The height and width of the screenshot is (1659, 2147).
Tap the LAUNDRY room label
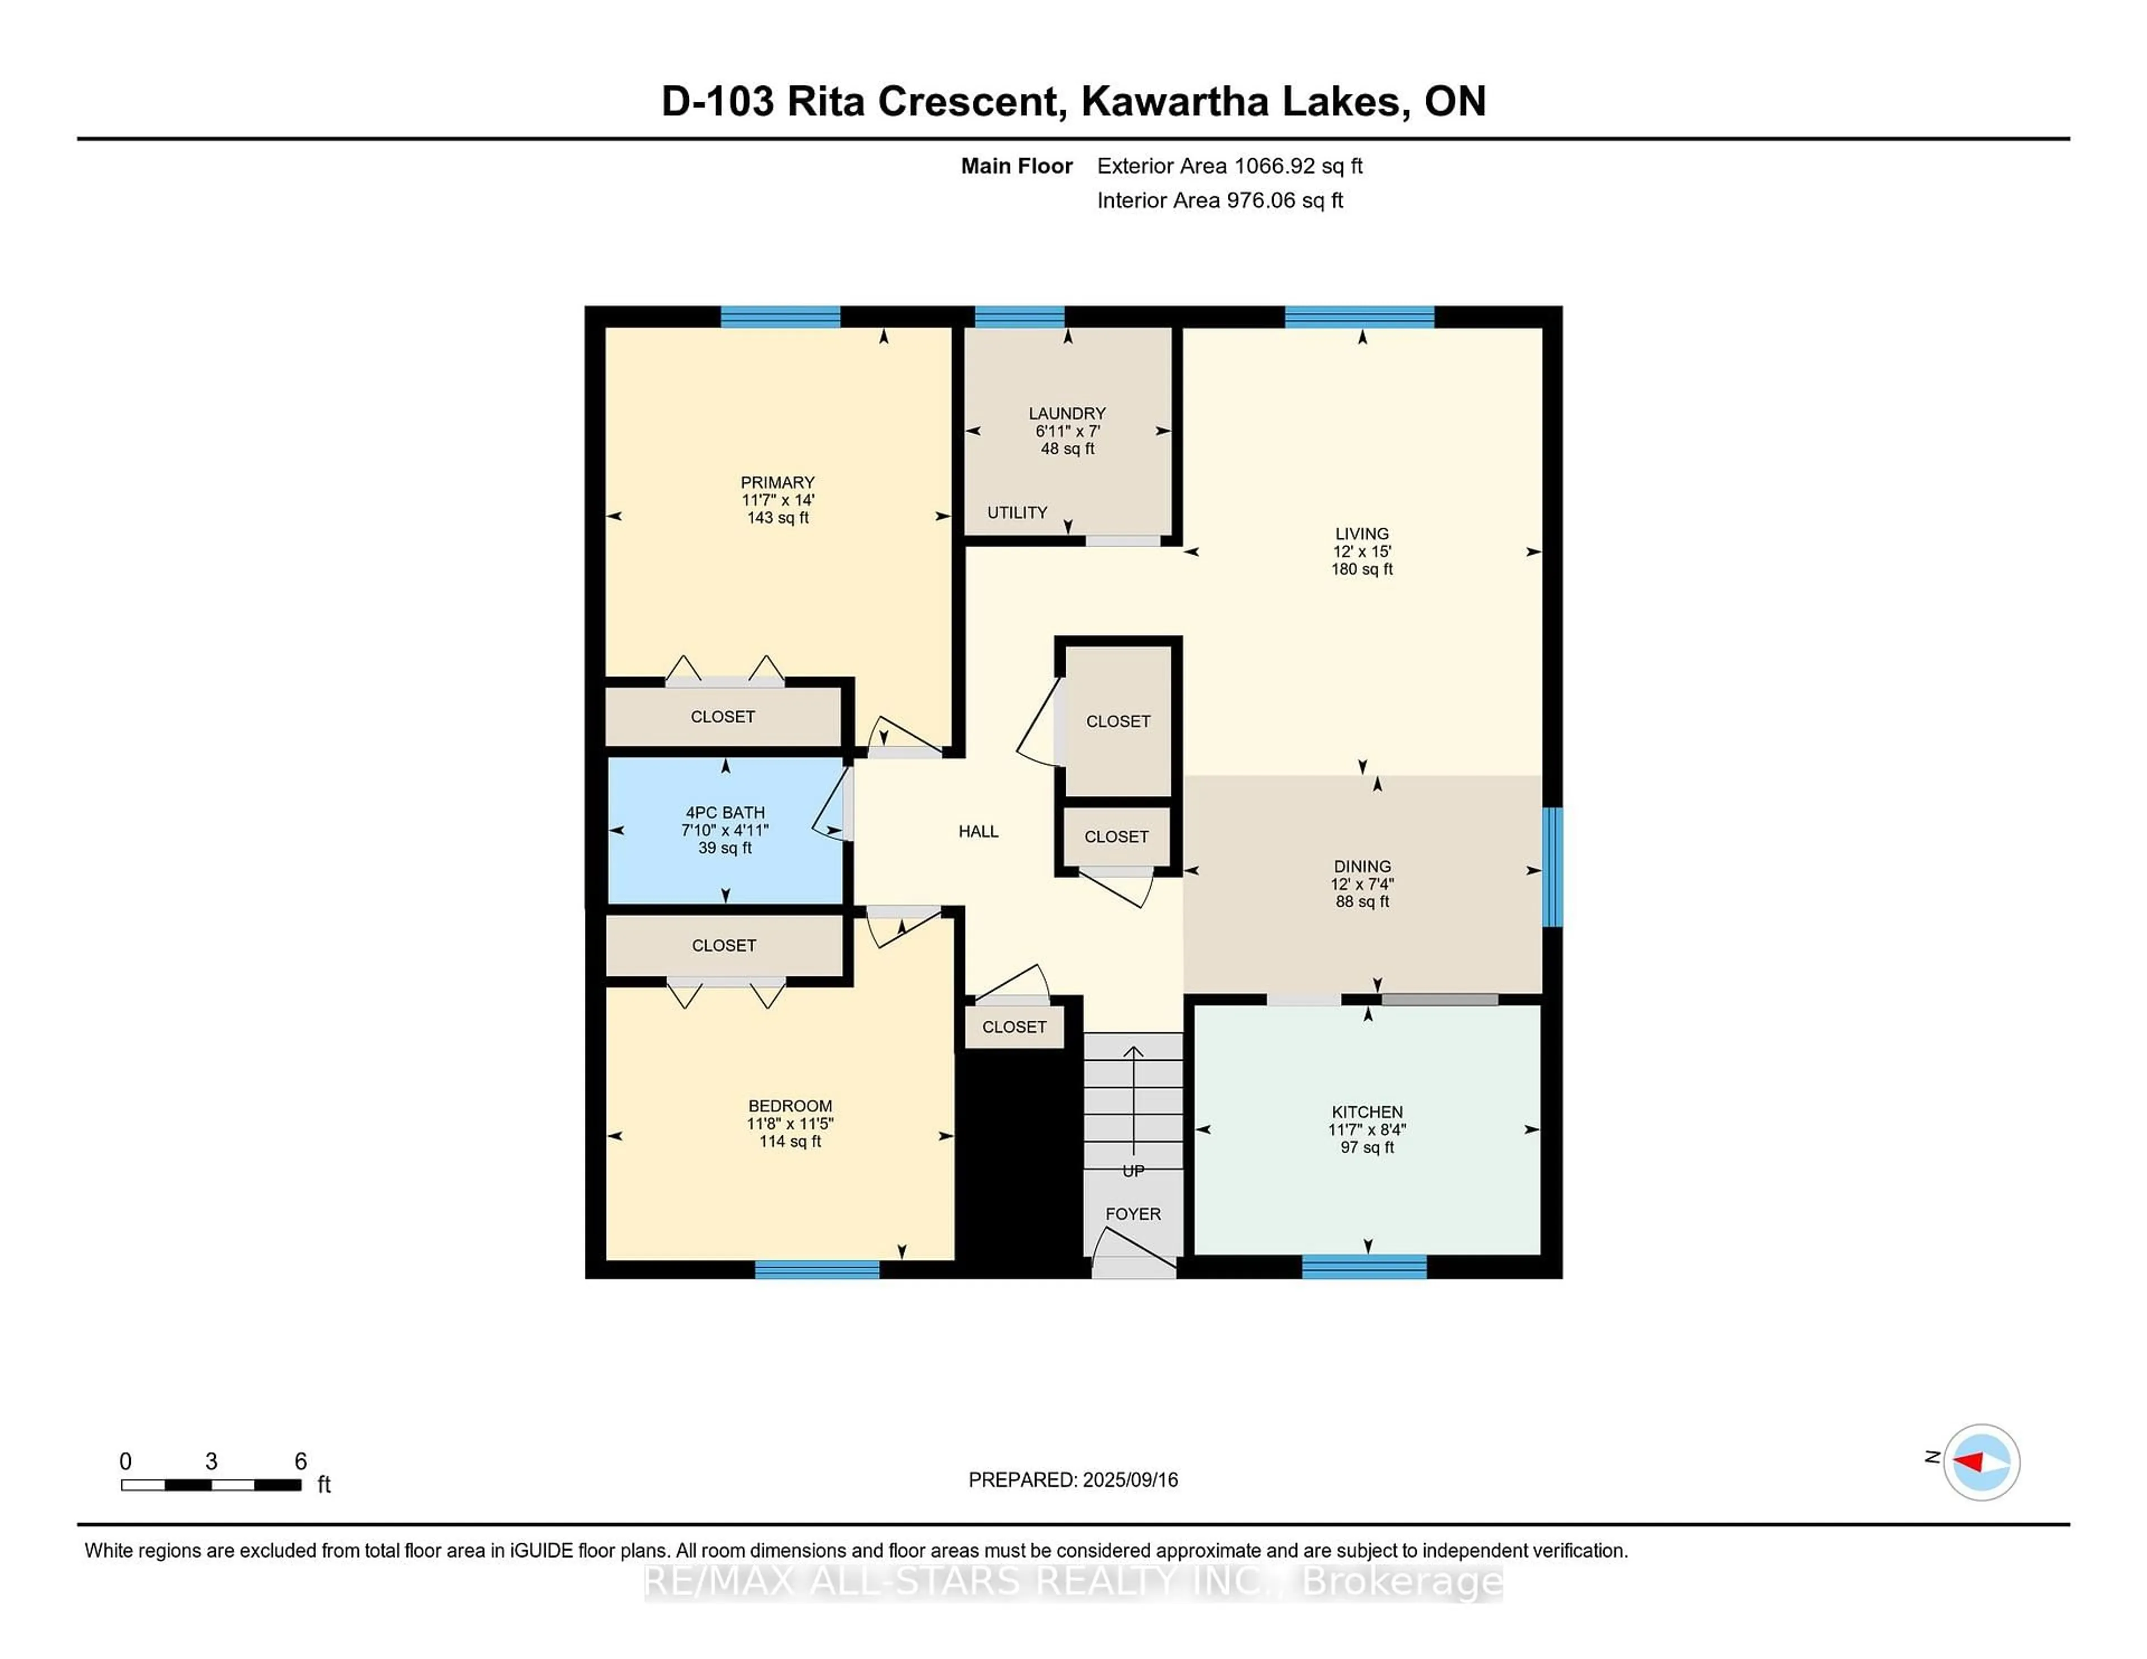[x=1067, y=414]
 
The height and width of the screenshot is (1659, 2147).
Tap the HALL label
[x=978, y=832]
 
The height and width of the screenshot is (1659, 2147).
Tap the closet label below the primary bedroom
[x=722, y=717]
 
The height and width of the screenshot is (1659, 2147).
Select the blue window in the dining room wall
[x=1552, y=867]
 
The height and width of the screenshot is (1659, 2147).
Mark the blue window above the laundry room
[x=1019, y=316]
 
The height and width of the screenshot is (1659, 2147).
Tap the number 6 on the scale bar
[x=301, y=1462]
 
